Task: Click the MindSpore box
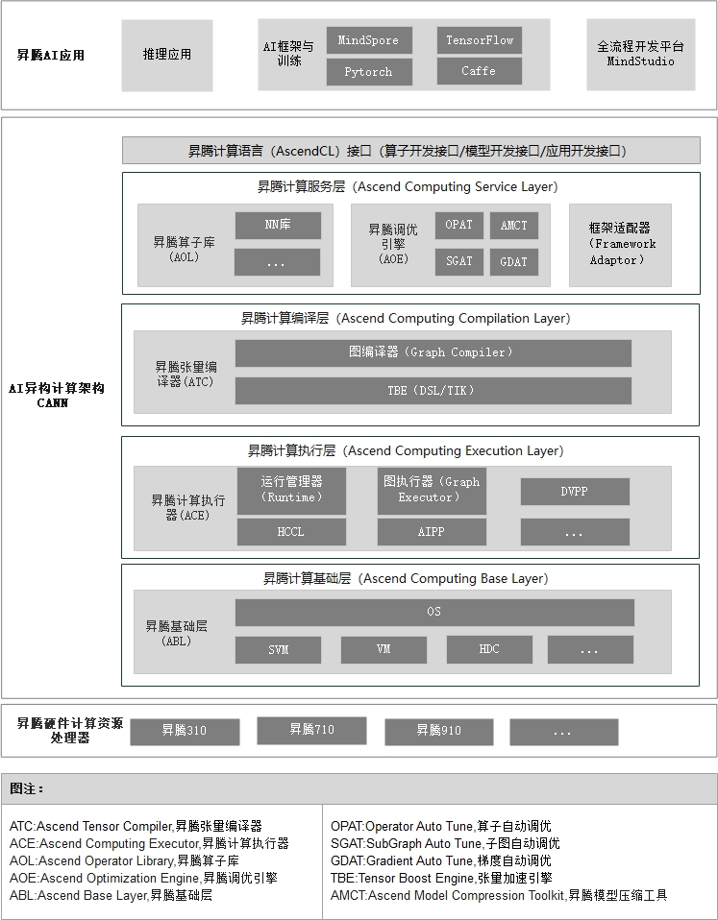coord(369,41)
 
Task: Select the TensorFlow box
coord(480,40)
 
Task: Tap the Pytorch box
coord(369,72)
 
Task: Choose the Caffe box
coord(480,72)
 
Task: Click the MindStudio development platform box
coord(641,55)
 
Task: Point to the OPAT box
coord(459,226)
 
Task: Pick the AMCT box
coord(514,226)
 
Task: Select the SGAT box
coord(459,261)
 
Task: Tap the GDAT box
coord(514,261)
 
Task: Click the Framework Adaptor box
coord(620,244)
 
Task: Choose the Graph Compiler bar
coord(433,353)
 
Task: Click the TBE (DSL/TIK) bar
coord(433,391)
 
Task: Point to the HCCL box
coord(290,532)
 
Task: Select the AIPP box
coord(432,532)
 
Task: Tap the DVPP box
coord(575,492)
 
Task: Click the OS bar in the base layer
coord(434,613)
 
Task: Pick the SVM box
coord(279,650)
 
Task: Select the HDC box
coord(489,650)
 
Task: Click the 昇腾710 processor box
coord(311,731)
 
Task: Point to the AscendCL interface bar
coord(410,151)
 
